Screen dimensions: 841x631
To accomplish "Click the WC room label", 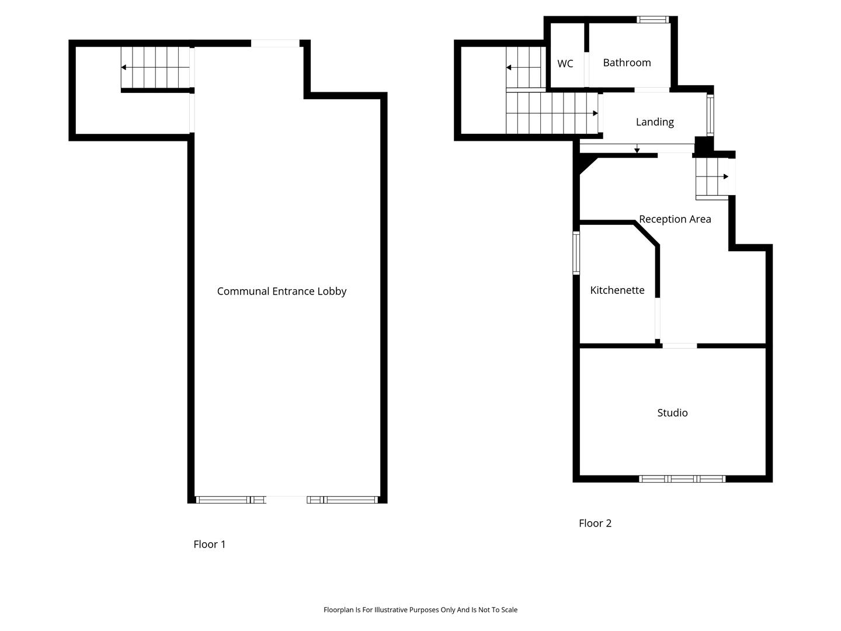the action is click(565, 64).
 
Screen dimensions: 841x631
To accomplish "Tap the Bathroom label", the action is click(627, 63).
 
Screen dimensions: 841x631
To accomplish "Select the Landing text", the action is click(655, 122).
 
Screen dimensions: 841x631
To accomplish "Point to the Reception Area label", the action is click(675, 219).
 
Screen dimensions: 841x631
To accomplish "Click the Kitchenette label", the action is click(617, 290).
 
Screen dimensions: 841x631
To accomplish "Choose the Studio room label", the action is click(672, 412).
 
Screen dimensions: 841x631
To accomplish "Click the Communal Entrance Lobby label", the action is click(282, 292).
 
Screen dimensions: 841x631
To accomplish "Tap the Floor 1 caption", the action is click(209, 544).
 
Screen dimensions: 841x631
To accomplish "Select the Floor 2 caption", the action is click(595, 523).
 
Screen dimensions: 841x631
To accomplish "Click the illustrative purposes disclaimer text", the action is click(420, 609).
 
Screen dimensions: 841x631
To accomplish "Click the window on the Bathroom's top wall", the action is click(653, 19).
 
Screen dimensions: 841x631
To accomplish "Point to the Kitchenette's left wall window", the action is click(576, 253).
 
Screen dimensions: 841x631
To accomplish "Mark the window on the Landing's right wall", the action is click(710, 115).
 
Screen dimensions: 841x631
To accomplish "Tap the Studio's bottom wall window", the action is click(682, 479).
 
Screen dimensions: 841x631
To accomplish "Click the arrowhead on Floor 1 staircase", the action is click(123, 67).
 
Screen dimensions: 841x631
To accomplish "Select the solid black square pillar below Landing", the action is click(703, 145).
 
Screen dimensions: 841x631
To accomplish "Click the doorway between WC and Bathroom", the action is click(586, 70).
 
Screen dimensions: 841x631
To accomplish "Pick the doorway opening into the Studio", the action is click(680, 345).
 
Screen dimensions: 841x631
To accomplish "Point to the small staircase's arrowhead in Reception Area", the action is click(726, 176).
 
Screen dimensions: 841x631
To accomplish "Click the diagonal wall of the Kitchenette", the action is click(646, 234).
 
